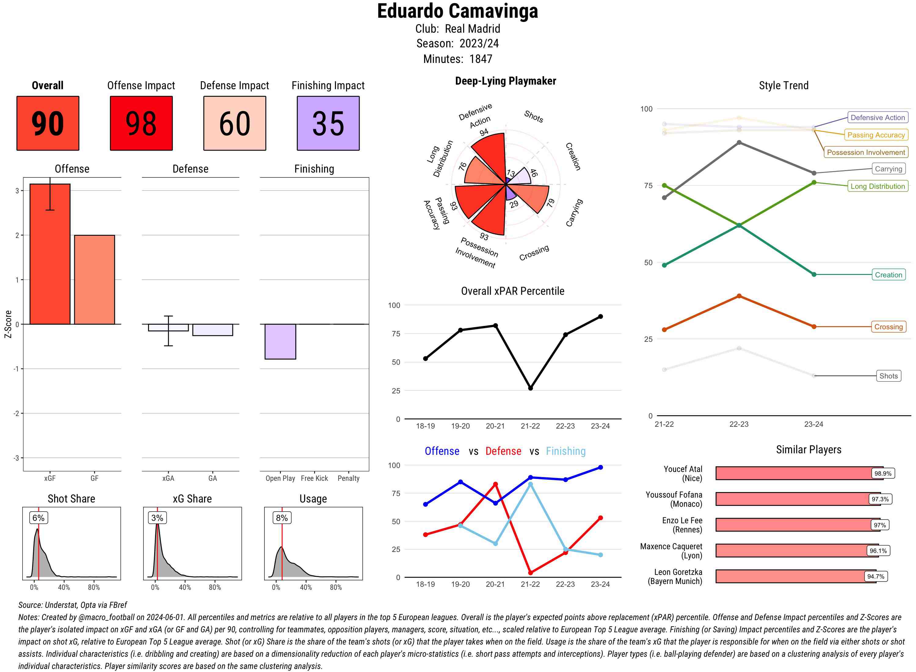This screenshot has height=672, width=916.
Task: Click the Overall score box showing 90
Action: pyautogui.click(x=48, y=123)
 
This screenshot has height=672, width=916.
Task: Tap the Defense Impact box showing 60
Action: pyautogui.click(x=234, y=123)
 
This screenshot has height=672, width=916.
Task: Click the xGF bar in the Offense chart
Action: pyautogui.click(x=50, y=254)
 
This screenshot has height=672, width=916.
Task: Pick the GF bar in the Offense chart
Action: pyautogui.click(x=94, y=279)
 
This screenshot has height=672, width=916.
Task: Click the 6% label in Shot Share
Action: pyautogui.click(x=38, y=518)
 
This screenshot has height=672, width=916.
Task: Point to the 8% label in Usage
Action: pyautogui.click(x=282, y=518)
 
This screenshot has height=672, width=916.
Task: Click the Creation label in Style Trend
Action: pyautogui.click(x=888, y=275)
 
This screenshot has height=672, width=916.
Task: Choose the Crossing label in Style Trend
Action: pyautogui.click(x=888, y=327)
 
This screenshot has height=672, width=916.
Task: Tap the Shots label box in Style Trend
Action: pyautogui.click(x=888, y=376)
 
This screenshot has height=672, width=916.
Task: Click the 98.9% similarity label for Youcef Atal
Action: pyautogui.click(x=883, y=473)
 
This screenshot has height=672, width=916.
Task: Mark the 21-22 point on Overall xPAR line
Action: pyautogui.click(x=530, y=388)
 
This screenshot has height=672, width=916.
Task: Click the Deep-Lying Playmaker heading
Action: pyautogui.click(x=505, y=81)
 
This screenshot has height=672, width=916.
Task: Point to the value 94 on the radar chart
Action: pyautogui.click(x=484, y=132)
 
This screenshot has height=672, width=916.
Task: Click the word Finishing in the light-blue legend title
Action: pyautogui.click(x=565, y=451)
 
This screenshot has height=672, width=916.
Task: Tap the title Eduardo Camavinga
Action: pyautogui.click(x=457, y=11)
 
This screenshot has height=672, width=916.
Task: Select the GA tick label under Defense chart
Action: pyautogui.click(x=213, y=478)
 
